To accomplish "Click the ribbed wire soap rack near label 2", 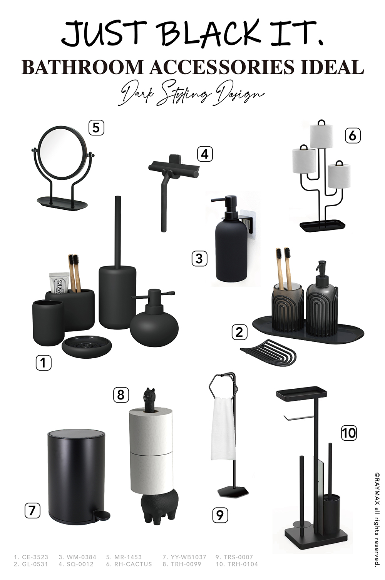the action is tap(268, 352).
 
